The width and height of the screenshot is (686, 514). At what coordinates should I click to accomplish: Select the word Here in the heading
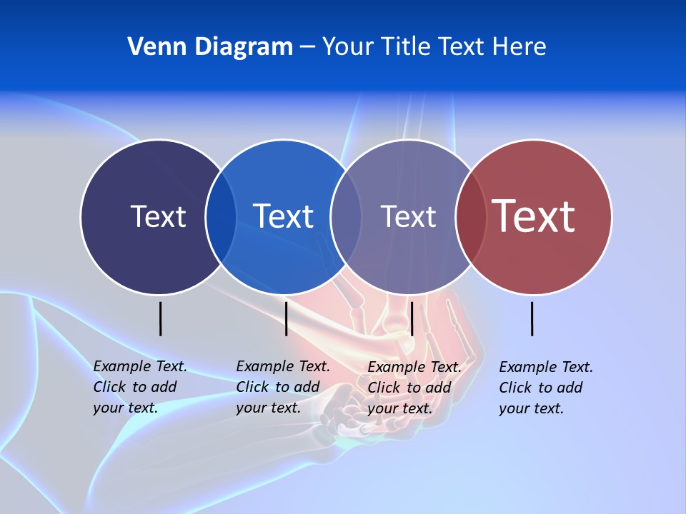tap(520, 47)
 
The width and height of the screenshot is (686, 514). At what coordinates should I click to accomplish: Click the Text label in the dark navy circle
tap(158, 216)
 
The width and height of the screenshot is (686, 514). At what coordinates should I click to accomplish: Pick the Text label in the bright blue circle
tap(283, 216)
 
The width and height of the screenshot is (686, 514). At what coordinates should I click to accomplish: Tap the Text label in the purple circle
tap(408, 216)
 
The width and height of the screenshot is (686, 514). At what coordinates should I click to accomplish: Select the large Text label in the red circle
tap(534, 216)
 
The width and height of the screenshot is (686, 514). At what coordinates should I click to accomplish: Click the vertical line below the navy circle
tap(160, 318)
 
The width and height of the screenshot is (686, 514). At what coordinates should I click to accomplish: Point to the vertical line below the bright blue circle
tap(286, 318)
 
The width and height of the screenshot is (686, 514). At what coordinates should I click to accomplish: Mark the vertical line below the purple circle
tap(412, 318)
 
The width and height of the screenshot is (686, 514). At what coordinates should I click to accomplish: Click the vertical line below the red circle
tap(532, 318)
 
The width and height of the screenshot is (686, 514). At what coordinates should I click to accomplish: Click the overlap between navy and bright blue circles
tap(221, 217)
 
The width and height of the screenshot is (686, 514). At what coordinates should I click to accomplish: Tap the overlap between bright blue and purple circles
tap(346, 217)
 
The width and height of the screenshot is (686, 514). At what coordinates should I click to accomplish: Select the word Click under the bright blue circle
tap(252, 387)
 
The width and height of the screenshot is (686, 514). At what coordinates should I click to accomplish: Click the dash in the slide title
tap(307, 47)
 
